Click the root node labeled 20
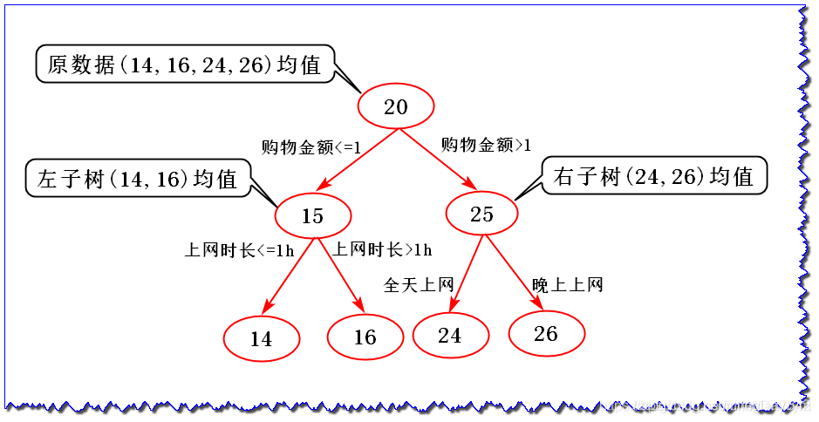[396, 107]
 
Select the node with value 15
[312, 215]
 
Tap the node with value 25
[482, 214]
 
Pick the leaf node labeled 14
[262, 338]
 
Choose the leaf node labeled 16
[365, 337]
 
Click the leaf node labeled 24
[450, 335]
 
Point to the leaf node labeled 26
[546, 333]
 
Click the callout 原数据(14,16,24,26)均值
[185, 65]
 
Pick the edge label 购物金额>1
[487, 144]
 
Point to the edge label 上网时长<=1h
[239, 250]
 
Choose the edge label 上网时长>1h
[382, 250]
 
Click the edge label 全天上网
[419, 285]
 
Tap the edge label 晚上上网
[568, 285]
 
